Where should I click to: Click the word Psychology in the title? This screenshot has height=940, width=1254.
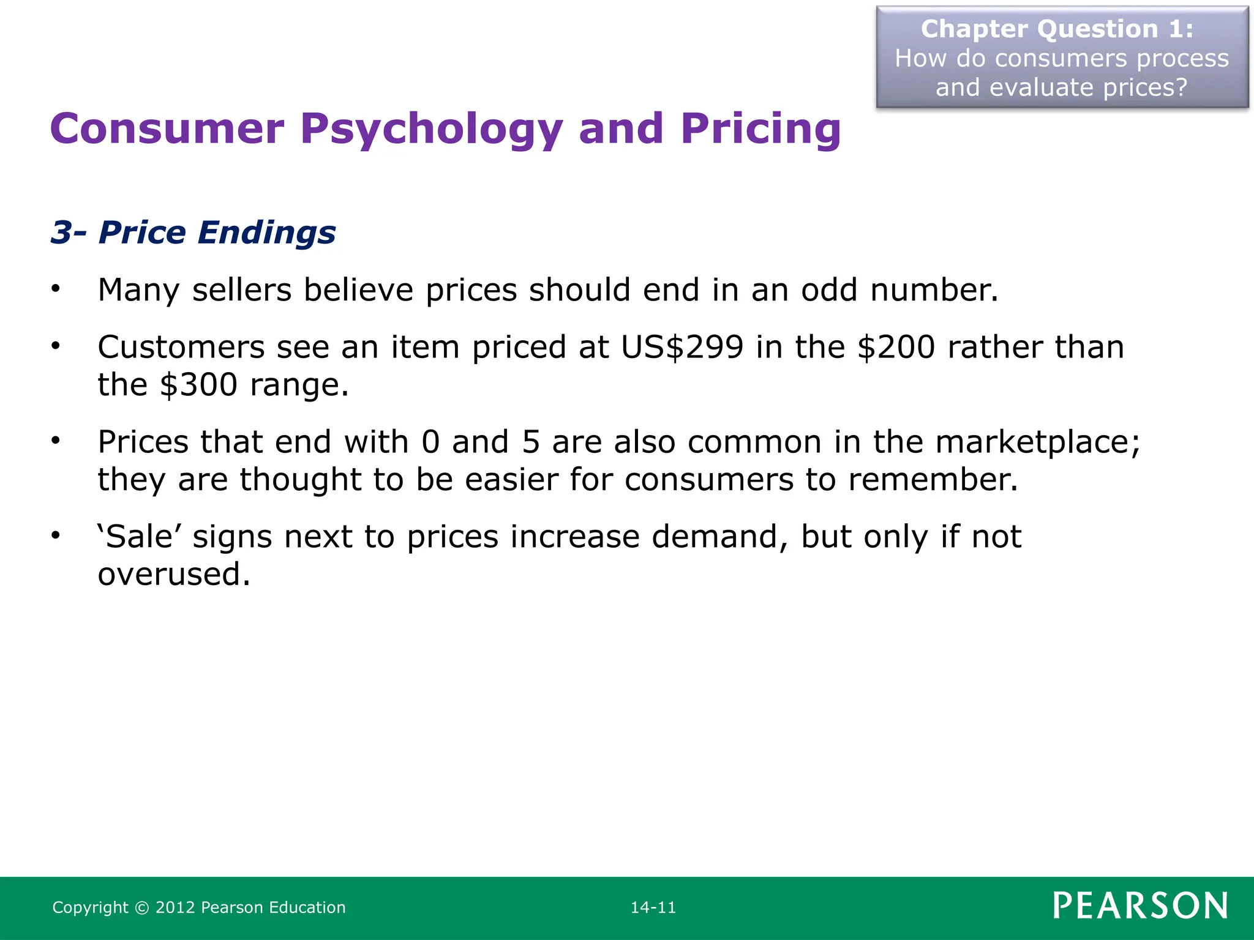(430, 130)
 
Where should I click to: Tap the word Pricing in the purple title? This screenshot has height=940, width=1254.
(760, 130)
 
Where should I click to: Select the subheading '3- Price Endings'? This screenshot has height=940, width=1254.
(193, 233)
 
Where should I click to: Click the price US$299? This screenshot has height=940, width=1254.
(682, 348)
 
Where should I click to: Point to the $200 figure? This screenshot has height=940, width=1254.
(896, 348)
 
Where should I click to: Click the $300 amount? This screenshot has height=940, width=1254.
(198, 385)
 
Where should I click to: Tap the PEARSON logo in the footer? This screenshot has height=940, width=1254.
(1140, 906)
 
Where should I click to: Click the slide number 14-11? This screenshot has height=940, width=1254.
(653, 908)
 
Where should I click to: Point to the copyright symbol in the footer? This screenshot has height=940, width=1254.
(142, 908)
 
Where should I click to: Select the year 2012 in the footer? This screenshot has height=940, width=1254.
(175, 908)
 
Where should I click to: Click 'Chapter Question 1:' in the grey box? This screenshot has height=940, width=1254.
(1057, 29)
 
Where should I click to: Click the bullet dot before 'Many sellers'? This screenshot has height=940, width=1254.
(56, 289)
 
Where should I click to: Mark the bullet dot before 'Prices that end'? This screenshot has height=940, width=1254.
(56, 441)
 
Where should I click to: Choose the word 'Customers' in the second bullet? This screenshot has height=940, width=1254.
(181, 348)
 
